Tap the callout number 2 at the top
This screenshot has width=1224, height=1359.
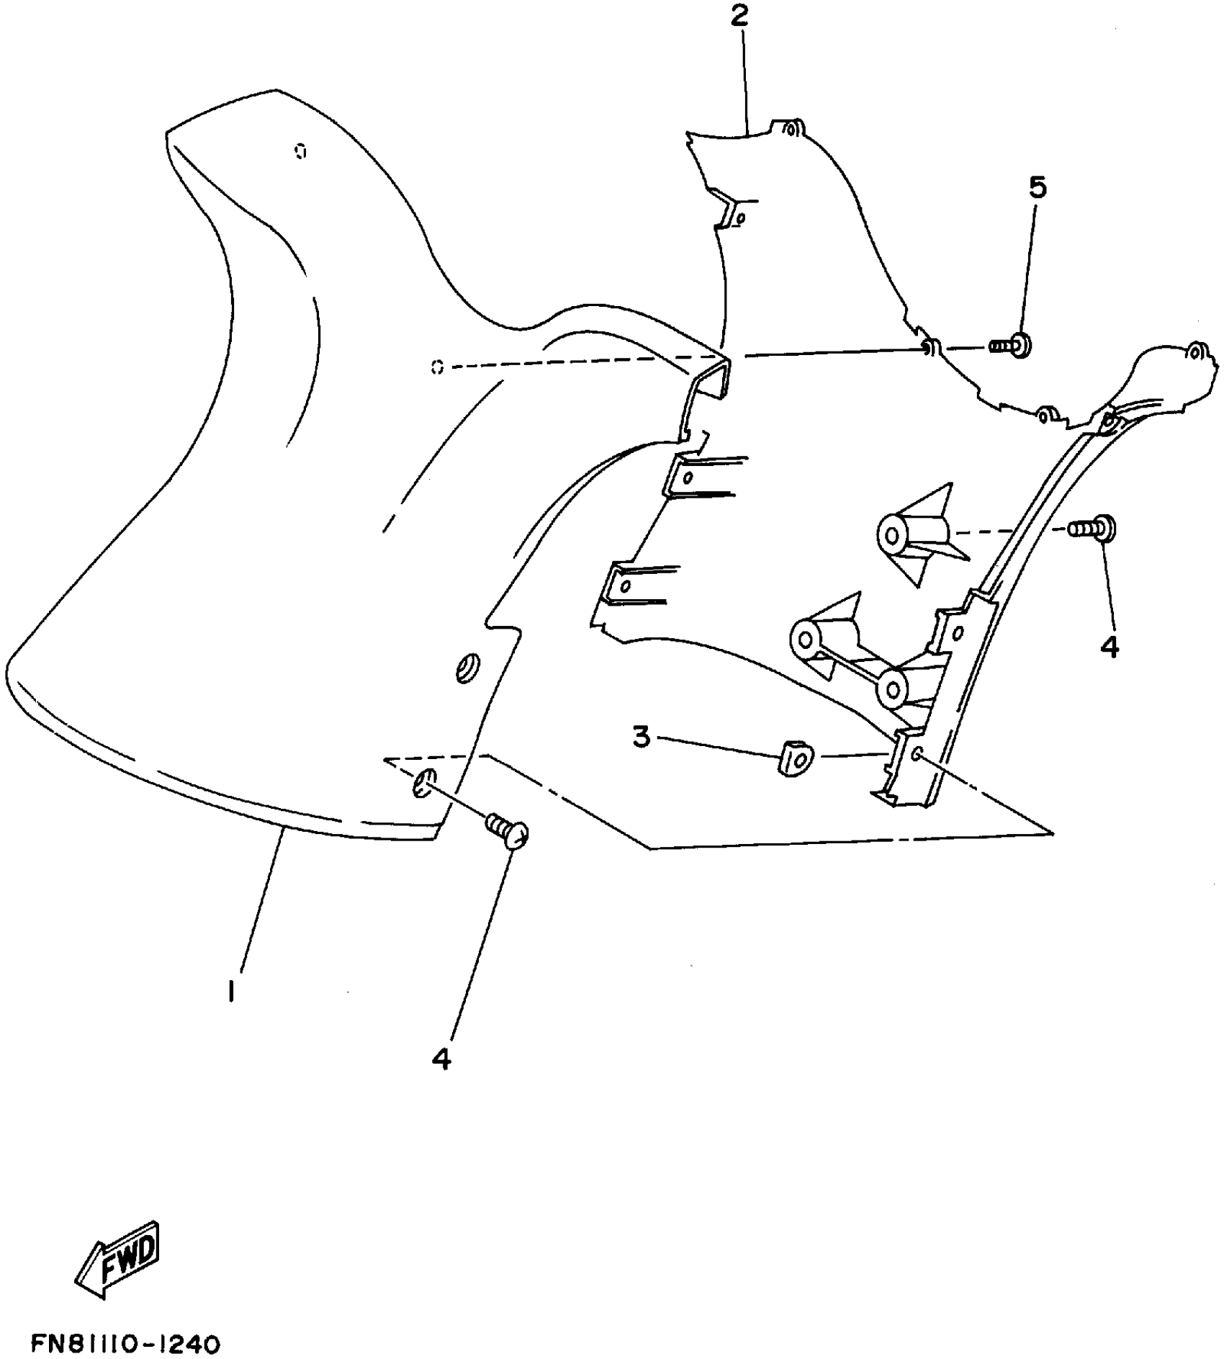(x=740, y=17)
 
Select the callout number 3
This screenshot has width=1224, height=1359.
(x=642, y=737)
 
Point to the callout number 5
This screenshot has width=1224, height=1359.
(x=1038, y=187)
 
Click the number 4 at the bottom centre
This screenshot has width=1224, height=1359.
(x=441, y=1058)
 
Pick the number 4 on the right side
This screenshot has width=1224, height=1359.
(x=1110, y=647)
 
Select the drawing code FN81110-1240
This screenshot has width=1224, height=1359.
(x=125, y=1344)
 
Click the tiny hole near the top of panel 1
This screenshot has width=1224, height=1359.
(x=300, y=151)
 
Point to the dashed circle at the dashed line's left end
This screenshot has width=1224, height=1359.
(x=436, y=368)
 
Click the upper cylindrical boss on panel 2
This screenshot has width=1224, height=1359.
(x=894, y=536)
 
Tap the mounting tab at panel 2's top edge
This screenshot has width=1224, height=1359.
(x=790, y=129)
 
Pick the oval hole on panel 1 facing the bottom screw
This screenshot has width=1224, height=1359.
(x=423, y=782)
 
